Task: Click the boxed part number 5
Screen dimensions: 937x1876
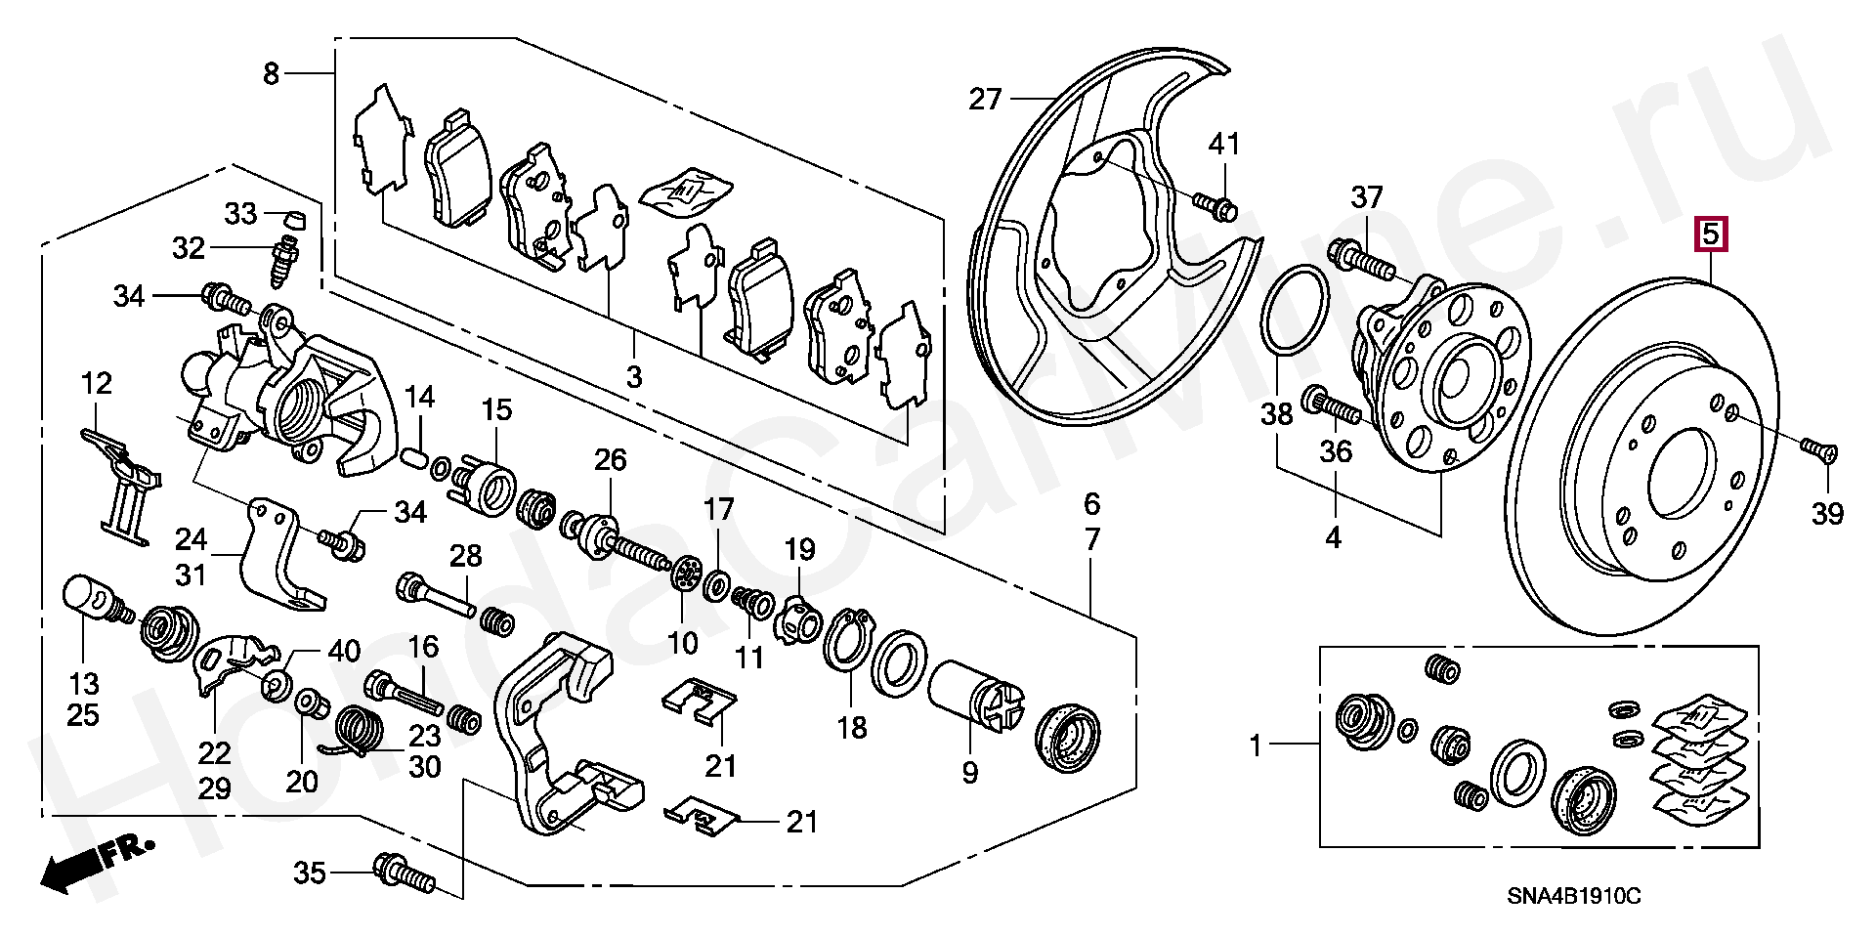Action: click(x=1710, y=235)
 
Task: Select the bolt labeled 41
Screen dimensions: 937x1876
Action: click(x=1215, y=205)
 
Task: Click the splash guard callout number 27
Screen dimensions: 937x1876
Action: click(x=986, y=99)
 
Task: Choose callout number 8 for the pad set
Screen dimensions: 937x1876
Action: click(x=272, y=73)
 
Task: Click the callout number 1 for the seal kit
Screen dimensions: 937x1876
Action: click(x=1256, y=747)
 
